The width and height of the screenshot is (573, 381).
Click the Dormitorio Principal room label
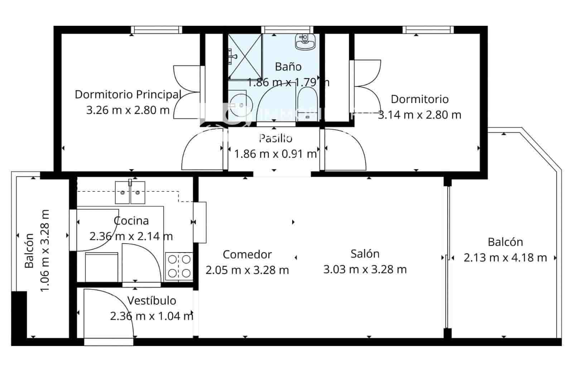127,94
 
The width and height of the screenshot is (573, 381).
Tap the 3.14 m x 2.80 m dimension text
419,115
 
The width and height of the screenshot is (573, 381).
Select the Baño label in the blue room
288,67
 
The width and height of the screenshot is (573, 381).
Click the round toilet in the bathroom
239,105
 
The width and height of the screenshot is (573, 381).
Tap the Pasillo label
275,138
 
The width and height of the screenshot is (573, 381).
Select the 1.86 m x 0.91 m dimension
275,154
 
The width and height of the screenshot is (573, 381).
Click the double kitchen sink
130,192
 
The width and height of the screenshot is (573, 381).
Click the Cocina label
131,221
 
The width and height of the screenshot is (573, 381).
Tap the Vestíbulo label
151,301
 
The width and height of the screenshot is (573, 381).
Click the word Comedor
247,254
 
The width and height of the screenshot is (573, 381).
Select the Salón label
365,254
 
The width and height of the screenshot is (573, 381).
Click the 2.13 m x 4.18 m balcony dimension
505,258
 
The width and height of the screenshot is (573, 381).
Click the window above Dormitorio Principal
156,30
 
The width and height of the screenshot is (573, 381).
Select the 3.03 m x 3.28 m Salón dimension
365,269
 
